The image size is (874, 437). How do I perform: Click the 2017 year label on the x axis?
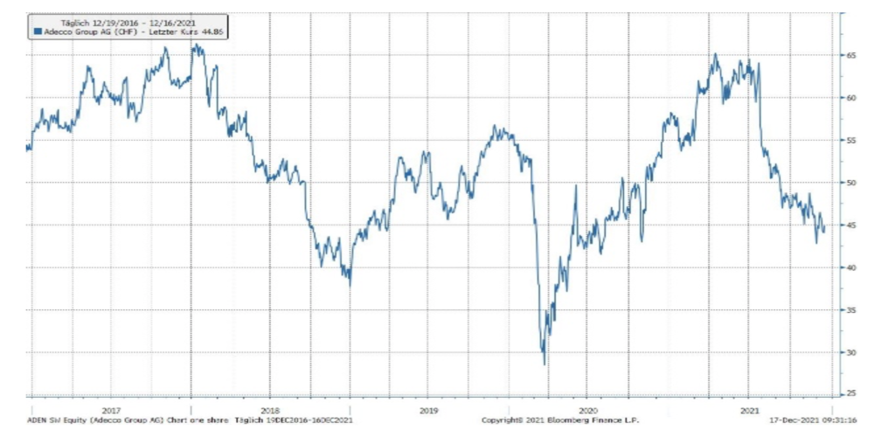pyautogui.click(x=111, y=409)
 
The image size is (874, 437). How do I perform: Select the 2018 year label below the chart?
pyautogui.click(x=270, y=409)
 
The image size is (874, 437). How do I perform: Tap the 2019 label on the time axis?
pyautogui.click(x=428, y=409)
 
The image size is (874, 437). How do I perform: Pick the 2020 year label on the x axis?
pyautogui.click(x=587, y=409)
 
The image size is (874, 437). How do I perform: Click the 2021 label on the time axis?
pyautogui.click(x=748, y=409)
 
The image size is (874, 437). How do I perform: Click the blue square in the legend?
pyautogui.click(x=37, y=30)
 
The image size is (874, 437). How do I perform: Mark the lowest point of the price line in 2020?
pyautogui.click(x=544, y=364)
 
